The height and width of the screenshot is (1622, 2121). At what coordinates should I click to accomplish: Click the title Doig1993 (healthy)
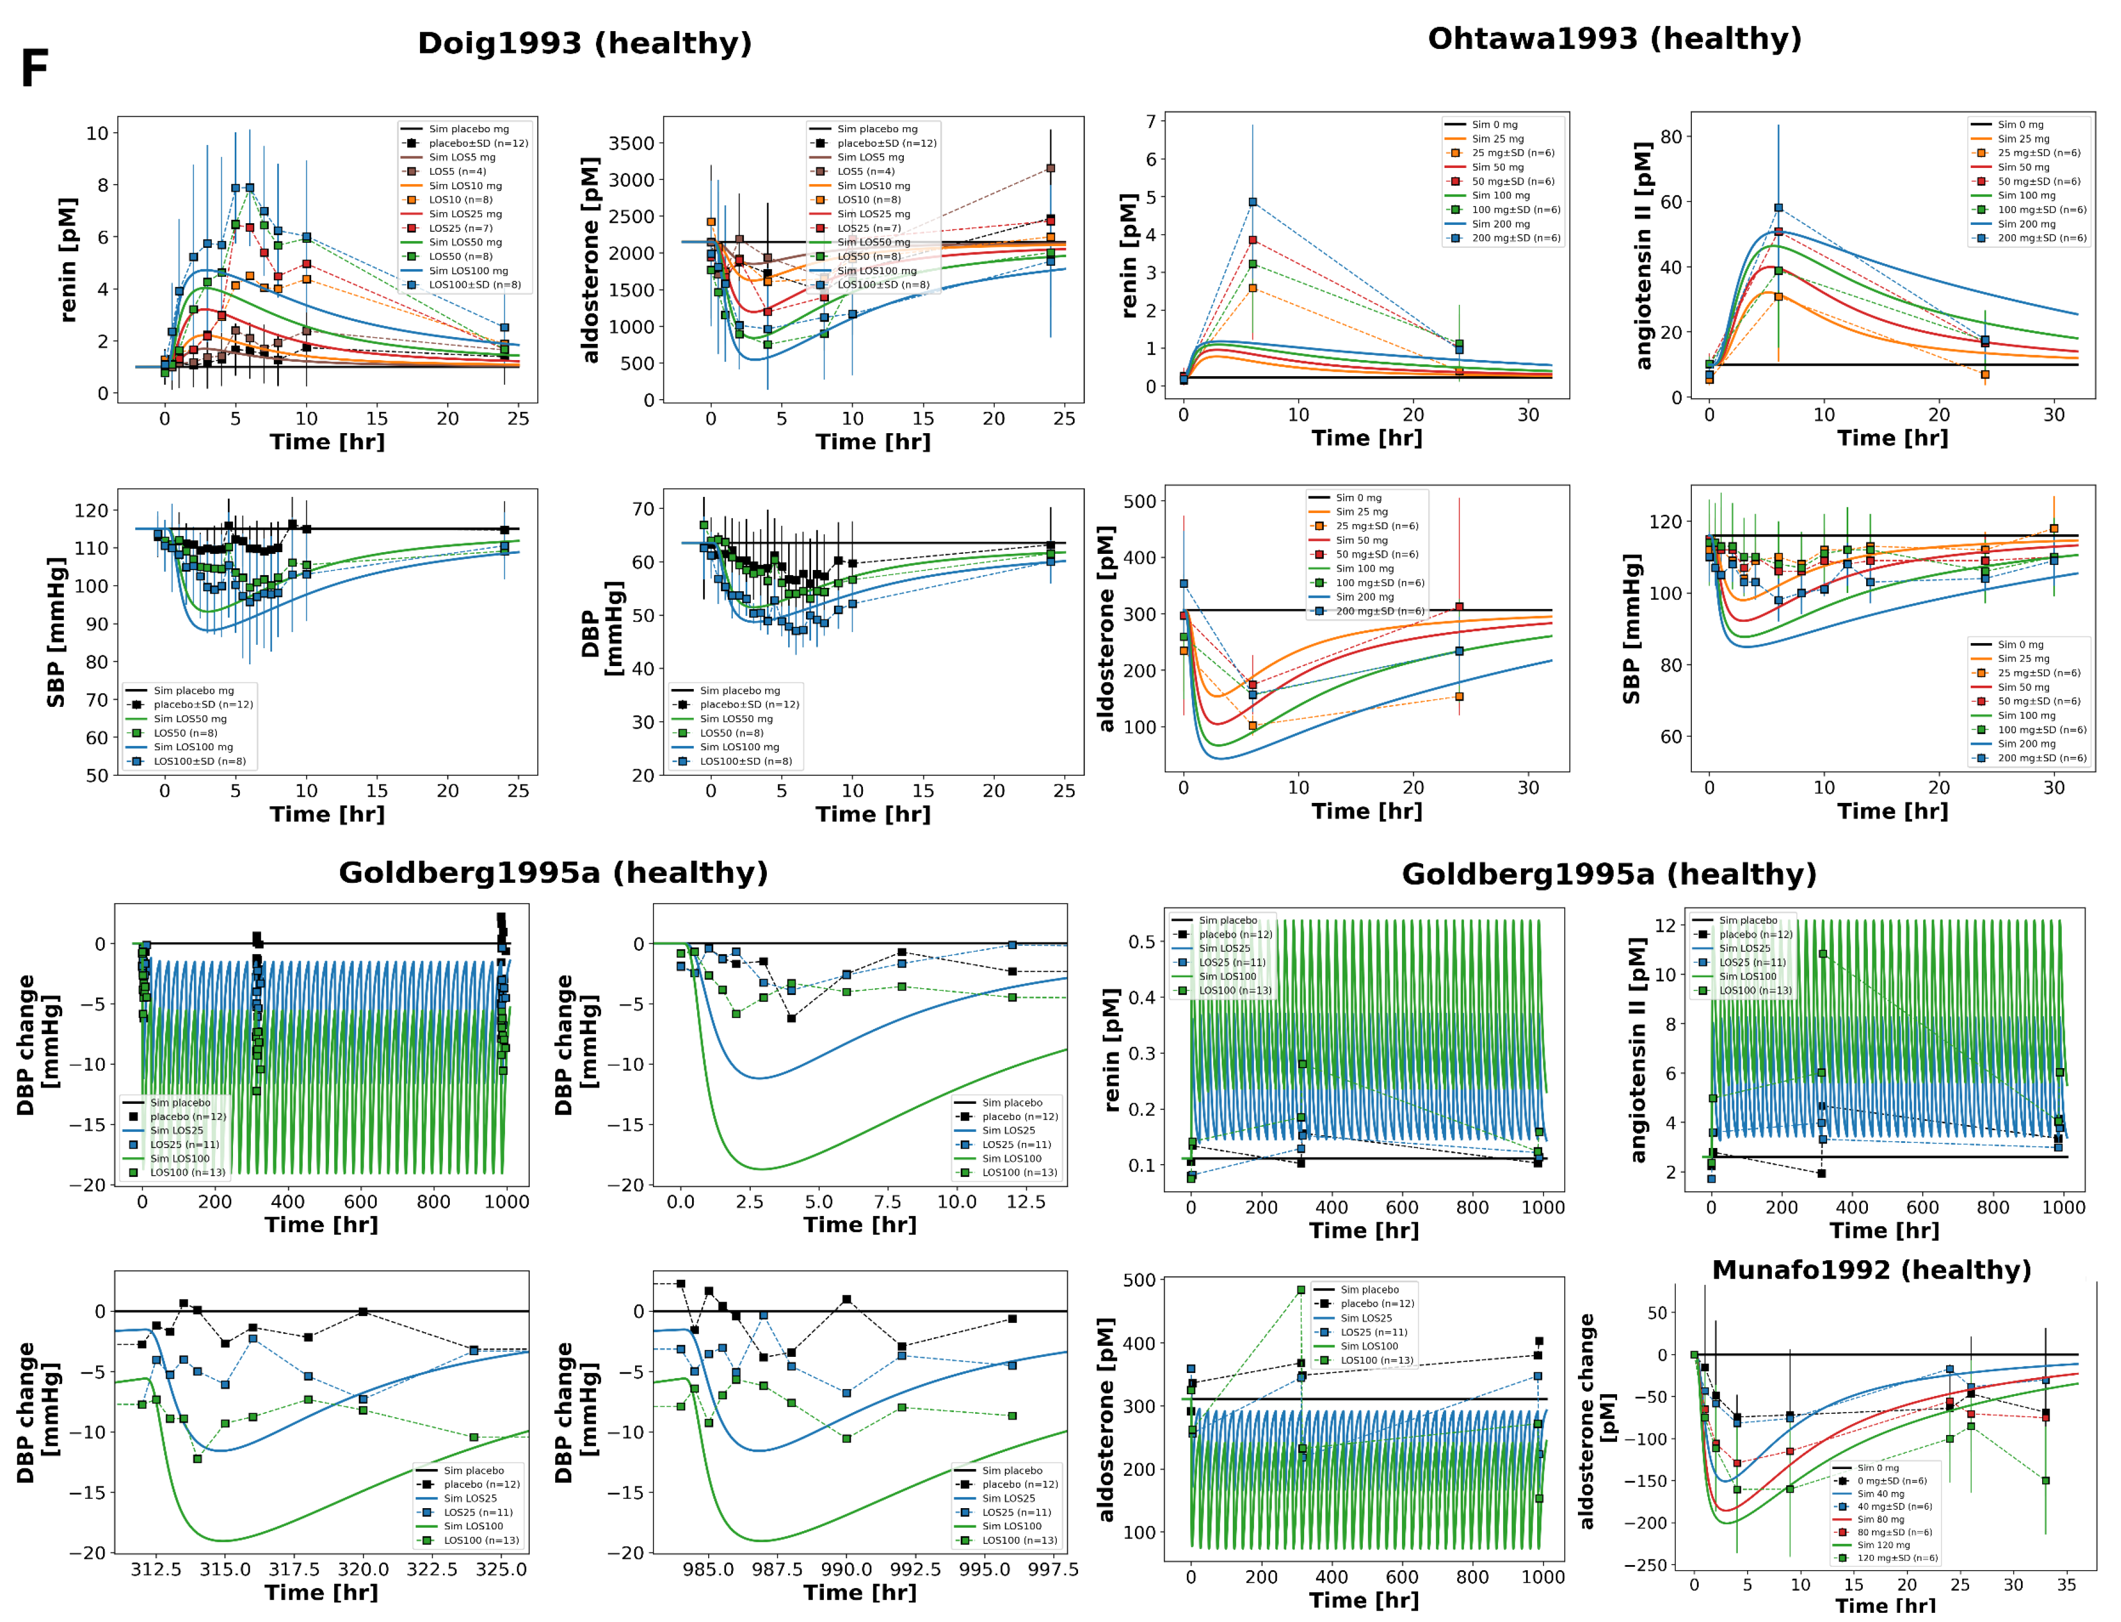tap(584, 44)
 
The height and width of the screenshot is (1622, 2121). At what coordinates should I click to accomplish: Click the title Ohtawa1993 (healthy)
tap(1614, 39)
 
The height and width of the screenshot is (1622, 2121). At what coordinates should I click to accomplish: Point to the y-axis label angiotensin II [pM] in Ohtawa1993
tap(1643, 256)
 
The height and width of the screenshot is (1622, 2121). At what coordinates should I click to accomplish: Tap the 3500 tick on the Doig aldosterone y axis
tap(632, 143)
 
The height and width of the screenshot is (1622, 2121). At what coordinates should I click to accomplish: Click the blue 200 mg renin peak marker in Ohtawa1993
tap(1252, 202)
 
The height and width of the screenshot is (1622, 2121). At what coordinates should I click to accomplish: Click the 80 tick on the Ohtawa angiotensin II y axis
tap(1671, 136)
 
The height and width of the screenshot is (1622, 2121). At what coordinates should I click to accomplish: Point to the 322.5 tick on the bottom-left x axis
tap(431, 1570)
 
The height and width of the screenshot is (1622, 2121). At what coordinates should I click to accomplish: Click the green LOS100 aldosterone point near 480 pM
tap(1301, 1290)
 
